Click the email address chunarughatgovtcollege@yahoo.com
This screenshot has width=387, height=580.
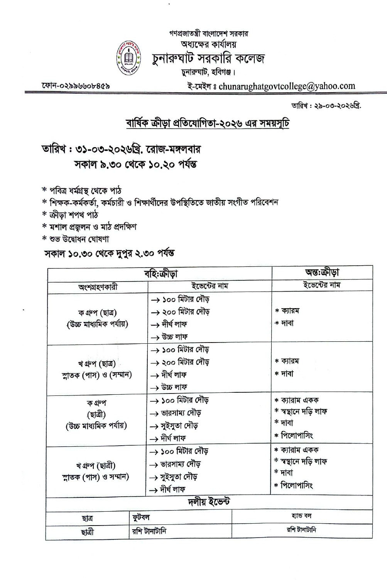(x=287, y=86)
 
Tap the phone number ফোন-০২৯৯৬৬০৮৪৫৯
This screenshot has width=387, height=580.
(x=76, y=86)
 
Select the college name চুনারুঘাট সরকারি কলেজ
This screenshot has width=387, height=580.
(x=208, y=58)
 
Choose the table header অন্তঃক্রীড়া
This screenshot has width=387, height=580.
(x=322, y=272)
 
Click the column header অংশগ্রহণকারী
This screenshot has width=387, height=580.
(x=98, y=287)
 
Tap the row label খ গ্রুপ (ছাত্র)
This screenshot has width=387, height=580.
(x=97, y=363)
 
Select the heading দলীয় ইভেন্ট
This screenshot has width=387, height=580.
(x=209, y=502)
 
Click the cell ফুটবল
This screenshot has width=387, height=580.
(x=141, y=517)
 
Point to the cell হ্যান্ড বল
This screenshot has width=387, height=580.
(x=302, y=516)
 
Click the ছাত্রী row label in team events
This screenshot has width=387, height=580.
(x=88, y=532)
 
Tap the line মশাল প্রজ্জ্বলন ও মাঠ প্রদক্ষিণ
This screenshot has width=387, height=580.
(x=93, y=227)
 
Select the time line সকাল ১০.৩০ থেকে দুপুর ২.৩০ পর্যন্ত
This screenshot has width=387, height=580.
(x=109, y=253)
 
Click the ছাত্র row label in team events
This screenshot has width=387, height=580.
(x=87, y=518)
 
